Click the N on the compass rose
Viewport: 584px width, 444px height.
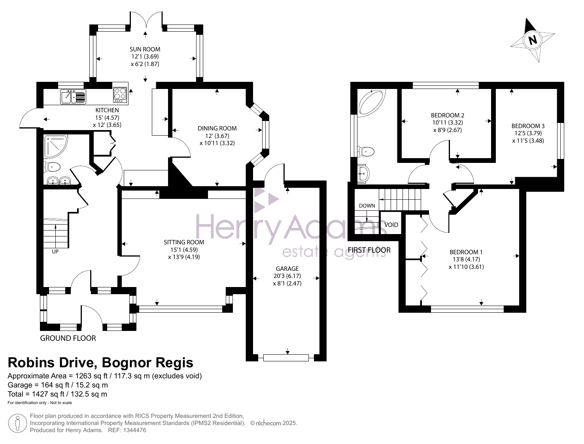point(533,40)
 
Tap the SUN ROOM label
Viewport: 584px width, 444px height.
point(145,49)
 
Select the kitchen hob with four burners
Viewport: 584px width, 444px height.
point(120,94)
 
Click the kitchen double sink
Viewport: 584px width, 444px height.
point(73,96)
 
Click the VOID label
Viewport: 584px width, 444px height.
point(391,225)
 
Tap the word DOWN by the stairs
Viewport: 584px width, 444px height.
point(367,206)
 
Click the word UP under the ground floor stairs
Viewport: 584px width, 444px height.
point(55,251)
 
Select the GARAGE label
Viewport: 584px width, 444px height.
point(287,269)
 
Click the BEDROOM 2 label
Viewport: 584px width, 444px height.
point(448,115)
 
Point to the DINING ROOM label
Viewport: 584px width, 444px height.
point(217,128)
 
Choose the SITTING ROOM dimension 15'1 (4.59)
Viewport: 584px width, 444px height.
point(184,249)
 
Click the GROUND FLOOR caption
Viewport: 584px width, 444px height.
point(68,338)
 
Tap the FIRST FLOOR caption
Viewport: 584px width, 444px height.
point(369,250)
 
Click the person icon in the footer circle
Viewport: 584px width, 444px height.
point(17,423)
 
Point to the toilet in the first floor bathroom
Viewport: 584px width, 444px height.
point(366,152)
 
